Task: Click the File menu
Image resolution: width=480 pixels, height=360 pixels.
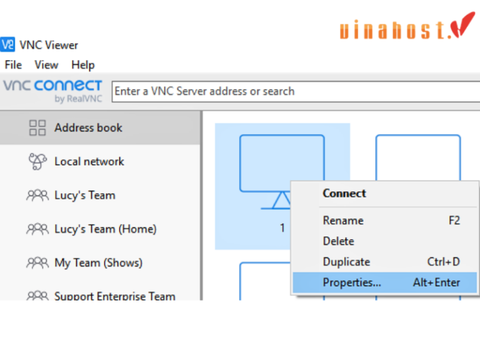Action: click(x=13, y=65)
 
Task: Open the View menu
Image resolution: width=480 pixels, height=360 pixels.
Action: click(x=46, y=65)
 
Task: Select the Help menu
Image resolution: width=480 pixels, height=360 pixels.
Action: click(x=83, y=65)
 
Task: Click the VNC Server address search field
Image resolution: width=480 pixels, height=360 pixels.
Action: click(x=296, y=91)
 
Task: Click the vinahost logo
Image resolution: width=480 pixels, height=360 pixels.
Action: click(x=407, y=27)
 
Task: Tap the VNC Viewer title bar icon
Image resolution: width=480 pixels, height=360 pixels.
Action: click(x=7, y=45)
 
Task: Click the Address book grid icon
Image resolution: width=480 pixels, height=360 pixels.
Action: click(x=37, y=127)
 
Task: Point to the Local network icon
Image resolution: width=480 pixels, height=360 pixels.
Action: click(x=37, y=161)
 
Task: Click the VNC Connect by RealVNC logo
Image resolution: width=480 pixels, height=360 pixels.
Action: click(x=52, y=91)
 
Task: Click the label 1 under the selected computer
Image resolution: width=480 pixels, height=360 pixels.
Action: click(x=282, y=227)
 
